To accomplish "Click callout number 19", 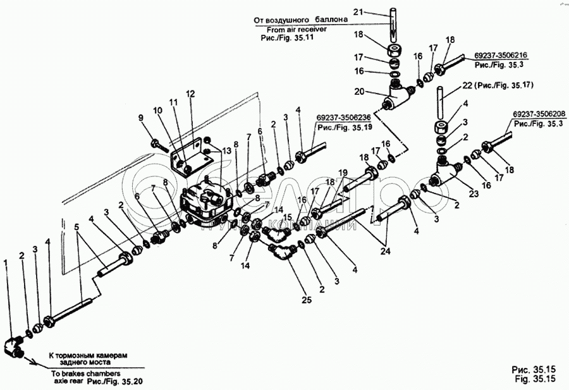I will (342, 173).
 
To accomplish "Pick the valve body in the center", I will (205, 202).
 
